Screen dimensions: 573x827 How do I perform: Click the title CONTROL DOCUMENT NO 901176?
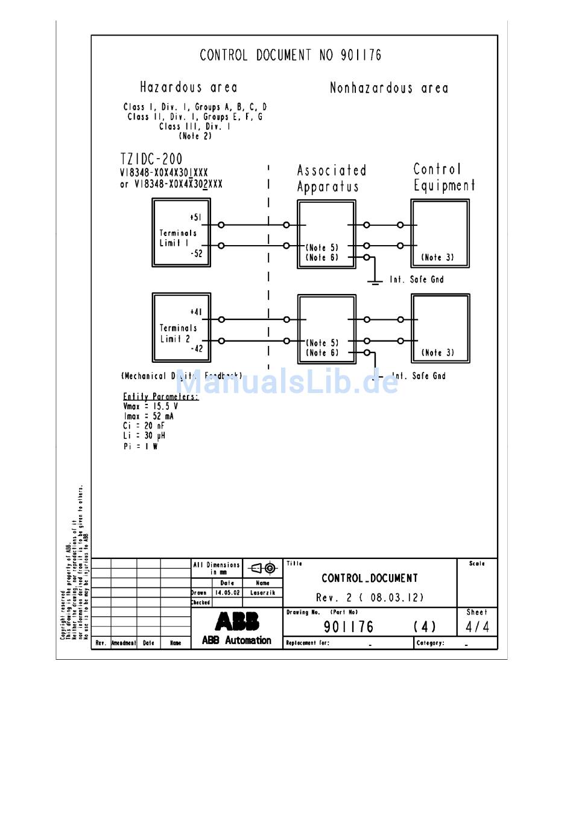(290, 56)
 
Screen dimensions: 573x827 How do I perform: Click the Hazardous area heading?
(188, 88)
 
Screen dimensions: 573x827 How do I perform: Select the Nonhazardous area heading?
(388, 88)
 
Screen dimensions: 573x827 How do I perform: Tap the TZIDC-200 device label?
(151, 159)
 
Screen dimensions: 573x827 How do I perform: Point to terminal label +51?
(195, 217)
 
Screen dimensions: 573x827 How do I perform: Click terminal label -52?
(197, 254)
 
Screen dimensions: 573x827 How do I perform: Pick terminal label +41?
(196, 312)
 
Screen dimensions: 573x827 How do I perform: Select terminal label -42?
(197, 349)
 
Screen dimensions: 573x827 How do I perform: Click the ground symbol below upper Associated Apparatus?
(375, 280)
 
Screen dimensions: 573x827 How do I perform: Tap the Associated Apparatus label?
(331, 179)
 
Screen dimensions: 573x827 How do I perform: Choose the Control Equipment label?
(443, 177)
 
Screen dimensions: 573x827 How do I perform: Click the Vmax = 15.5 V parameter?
(150, 406)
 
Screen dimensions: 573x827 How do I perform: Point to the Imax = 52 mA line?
(148, 416)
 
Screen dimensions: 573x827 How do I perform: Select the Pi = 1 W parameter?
(141, 446)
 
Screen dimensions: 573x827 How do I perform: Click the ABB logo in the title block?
(237, 621)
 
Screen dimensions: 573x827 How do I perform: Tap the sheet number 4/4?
(477, 627)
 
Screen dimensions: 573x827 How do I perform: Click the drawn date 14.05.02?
(227, 593)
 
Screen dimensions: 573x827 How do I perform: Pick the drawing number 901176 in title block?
(349, 627)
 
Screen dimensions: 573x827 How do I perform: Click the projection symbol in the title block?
(263, 568)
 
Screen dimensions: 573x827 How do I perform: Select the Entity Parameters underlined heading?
(160, 397)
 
